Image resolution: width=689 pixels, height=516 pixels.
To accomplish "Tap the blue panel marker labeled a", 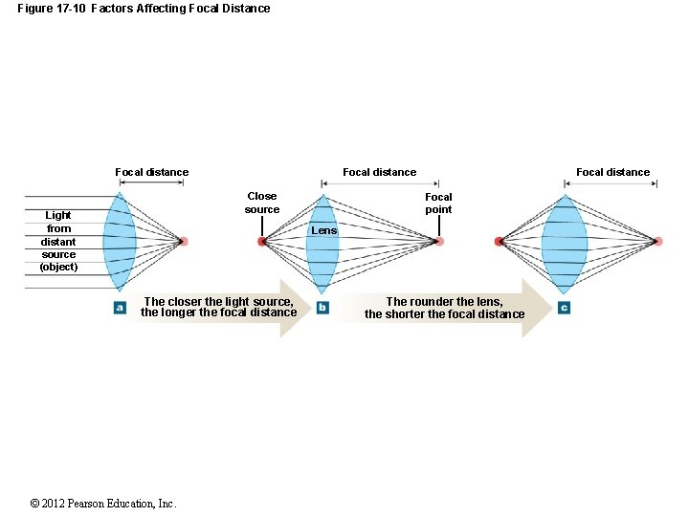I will pyautogui.click(x=120, y=308).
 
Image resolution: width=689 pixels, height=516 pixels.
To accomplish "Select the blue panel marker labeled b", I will pyautogui.click(x=322, y=308).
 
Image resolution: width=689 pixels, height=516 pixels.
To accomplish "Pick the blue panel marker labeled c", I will pyautogui.click(x=564, y=308).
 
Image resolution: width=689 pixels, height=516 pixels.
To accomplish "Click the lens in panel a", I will pyautogui.click(x=120, y=241).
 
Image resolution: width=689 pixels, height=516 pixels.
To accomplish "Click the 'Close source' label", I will pyautogui.click(x=261, y=203).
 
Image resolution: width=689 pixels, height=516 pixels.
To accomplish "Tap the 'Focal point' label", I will pyautogui.click(x=438, y=203).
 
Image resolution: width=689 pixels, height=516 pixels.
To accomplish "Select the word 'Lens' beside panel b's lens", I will pyautogui.click(x=324, y=231).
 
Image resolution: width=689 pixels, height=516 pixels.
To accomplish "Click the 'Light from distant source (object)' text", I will pyautogui.click(x=58, y=241).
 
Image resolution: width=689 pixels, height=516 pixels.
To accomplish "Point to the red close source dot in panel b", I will pyautogui.click(x=261, y=242).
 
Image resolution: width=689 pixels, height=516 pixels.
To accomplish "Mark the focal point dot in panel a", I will pyautogui.click(x=183, y=241).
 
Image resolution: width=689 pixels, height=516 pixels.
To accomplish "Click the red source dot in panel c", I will pyautogui.click(x=499, y=242).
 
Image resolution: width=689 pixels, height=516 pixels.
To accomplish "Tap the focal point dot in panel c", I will pyautogui.click(x=658, y=241).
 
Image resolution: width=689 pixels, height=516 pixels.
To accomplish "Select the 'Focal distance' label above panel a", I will pyautogui.click(x=151, y=172).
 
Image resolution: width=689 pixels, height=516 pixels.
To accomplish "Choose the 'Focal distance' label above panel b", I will pyautogui.click(x=379, y=172).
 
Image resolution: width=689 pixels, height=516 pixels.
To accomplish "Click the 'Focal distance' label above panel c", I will pyautogui.click(x=612, y=172).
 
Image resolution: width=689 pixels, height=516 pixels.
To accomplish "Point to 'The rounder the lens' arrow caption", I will pyautogui.click(x=444, y=308).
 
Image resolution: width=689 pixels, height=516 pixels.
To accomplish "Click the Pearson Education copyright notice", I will pyautogui.click(x=102, y=504).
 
